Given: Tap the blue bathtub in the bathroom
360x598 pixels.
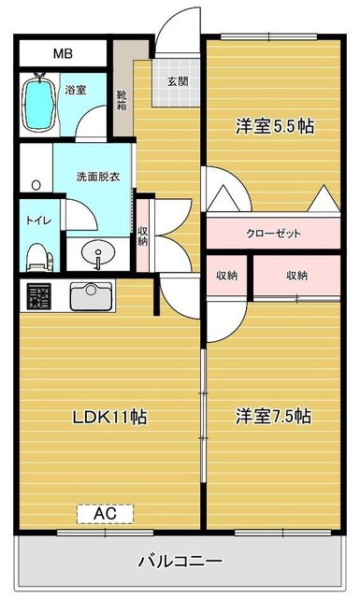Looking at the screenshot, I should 37,103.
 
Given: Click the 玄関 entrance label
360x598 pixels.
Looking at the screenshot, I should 178,81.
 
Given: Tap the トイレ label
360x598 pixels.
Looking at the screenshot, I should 37,221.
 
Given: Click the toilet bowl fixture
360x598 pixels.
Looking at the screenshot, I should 36,255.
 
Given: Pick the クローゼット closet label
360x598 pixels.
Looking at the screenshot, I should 273,234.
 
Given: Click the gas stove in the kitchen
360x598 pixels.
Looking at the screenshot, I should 39,297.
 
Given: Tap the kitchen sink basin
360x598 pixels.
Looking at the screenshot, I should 90,296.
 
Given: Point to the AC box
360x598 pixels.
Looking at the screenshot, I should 105,513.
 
